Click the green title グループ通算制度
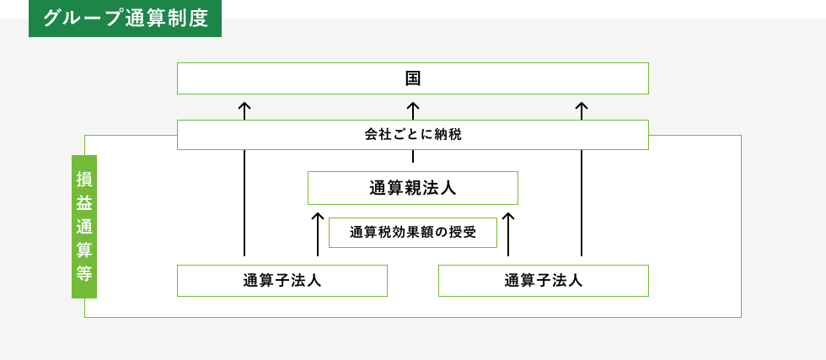[x=125, y=18]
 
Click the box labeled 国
[x=412, y=78]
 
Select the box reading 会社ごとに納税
[x=412, y=135]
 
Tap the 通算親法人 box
[x=412, y=188]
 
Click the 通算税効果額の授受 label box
[x=412, y=233]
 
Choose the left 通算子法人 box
[x=282, y=281]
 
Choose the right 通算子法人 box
[x=543, y=281]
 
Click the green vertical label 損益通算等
[x=84, y=226]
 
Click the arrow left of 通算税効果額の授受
[x=318, y=234]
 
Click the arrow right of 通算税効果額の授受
[x=508, y=234]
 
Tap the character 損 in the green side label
[x=84, y=179]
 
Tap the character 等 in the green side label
[x=84, y=273]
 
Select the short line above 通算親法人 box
[x=413, y=157]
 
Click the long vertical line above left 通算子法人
[x=244, y=202]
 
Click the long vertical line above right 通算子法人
[x=582, y=202]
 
